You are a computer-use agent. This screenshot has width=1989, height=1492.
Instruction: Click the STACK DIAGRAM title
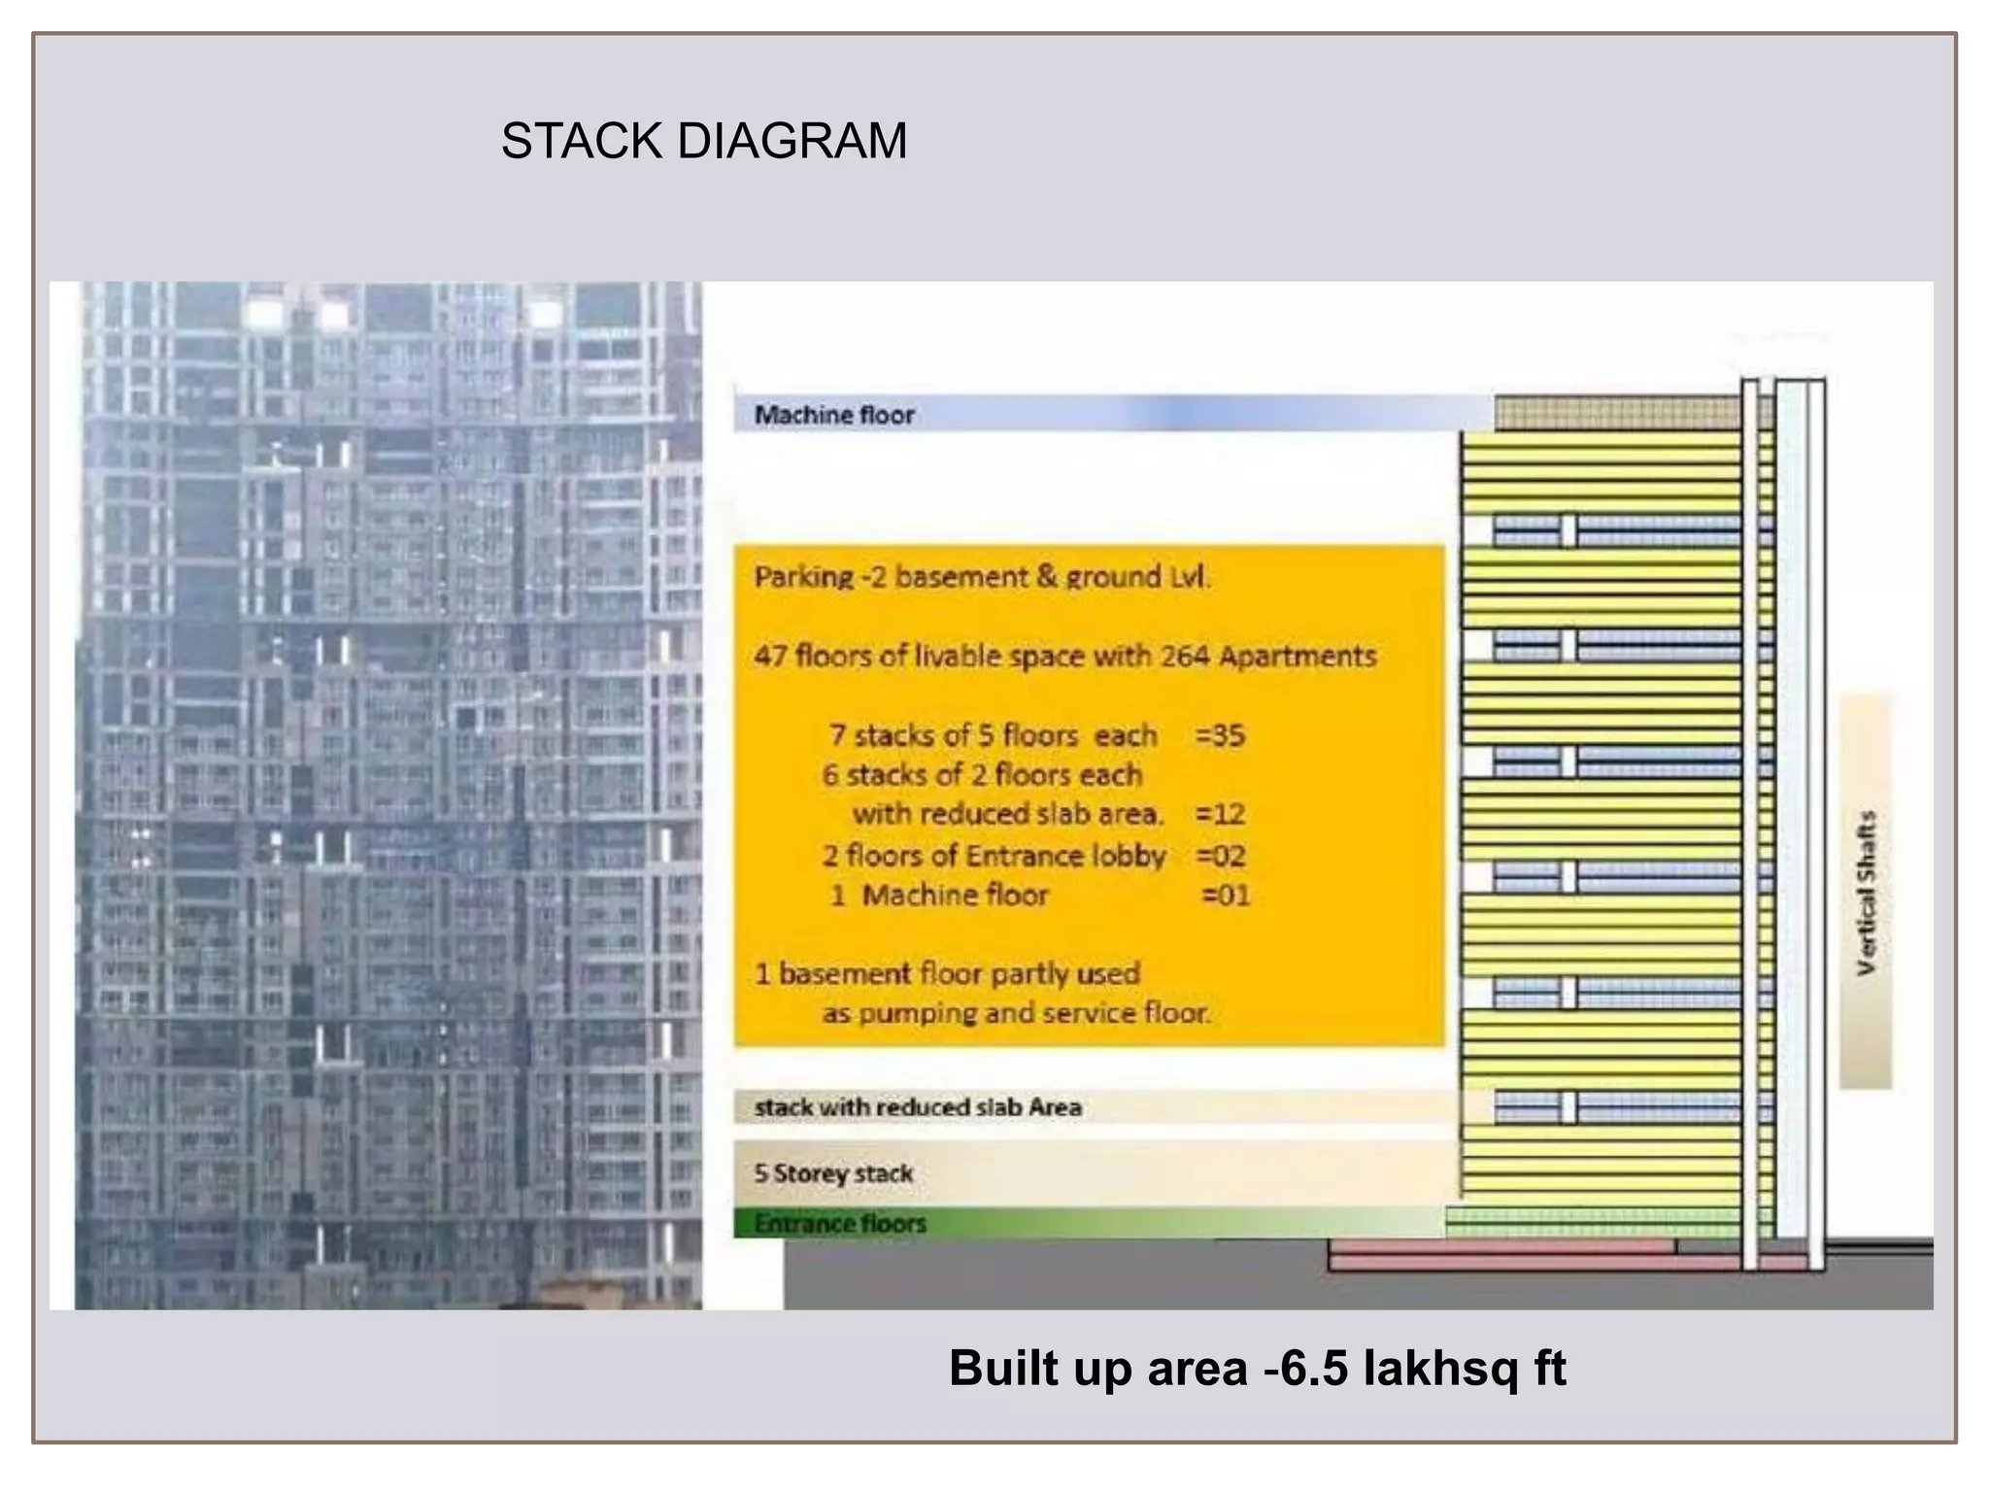[703, 141]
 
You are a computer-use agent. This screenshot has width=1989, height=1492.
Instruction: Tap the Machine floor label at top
[834, 416]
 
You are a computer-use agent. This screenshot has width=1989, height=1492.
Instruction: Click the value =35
[1220, 735]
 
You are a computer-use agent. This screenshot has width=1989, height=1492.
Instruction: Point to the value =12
[1220, 814]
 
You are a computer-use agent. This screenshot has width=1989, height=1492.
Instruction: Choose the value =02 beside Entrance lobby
[1221, 856]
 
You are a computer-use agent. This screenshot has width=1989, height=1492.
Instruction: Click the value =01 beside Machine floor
[1226, 896]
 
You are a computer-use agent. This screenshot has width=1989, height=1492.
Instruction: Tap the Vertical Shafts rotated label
[1866, 892]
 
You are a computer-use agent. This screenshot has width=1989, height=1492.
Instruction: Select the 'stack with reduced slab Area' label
[918, 1107]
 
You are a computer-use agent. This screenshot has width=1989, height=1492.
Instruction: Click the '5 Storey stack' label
[833, 1173]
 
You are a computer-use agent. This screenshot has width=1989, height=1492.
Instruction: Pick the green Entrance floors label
[840, 1224]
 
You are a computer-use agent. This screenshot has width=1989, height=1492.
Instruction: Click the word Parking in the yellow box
[803, 577]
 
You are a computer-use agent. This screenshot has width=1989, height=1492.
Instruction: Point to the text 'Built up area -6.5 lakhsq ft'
[1257, 1368]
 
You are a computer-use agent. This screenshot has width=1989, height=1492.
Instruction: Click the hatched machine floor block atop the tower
[1616, 413]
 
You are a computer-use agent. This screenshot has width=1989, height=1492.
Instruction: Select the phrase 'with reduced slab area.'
[1007, 814]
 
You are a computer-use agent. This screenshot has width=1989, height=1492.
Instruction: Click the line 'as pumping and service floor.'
[1016, 1014]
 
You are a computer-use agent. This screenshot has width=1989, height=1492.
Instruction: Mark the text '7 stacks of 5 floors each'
[993, 735]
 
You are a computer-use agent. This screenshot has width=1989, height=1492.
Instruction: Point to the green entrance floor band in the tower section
[1593, 1222]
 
